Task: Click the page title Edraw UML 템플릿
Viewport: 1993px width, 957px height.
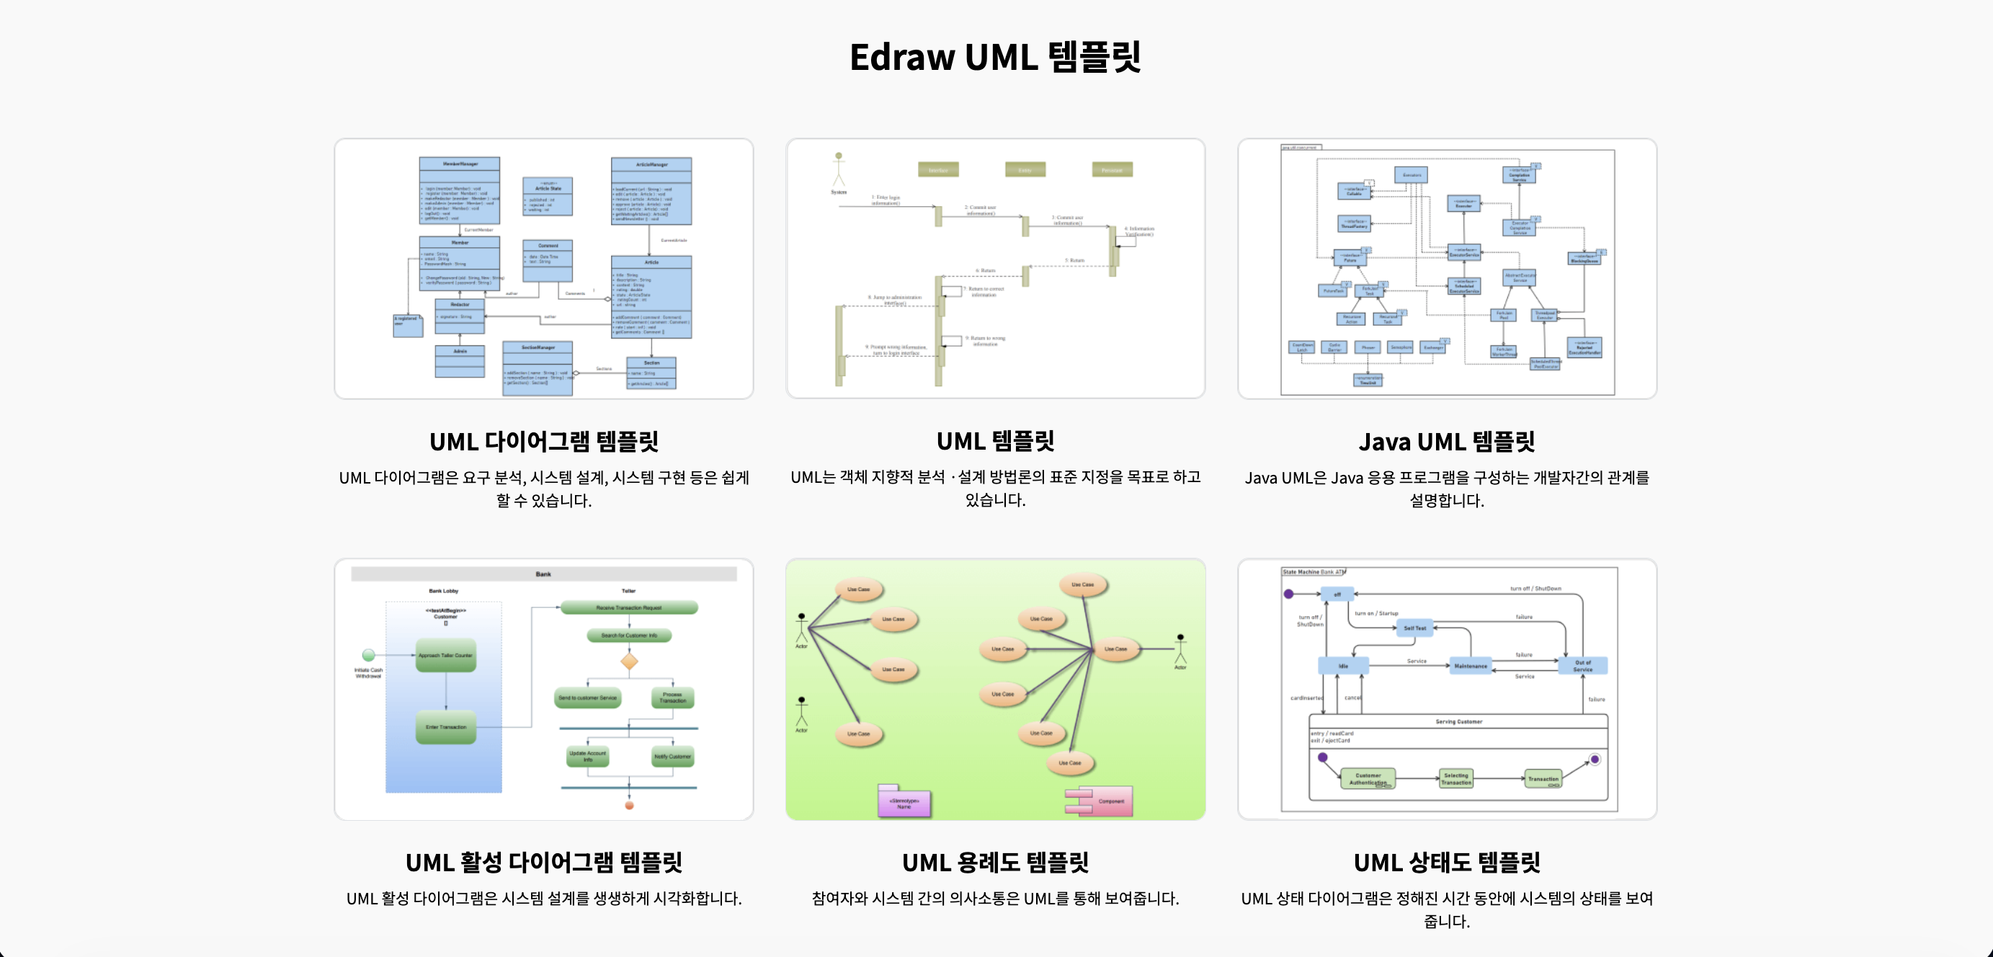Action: coord(995,57)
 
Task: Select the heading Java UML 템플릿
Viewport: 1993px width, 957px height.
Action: coord(1446,441)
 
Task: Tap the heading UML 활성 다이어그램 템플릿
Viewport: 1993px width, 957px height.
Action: coord(543,862)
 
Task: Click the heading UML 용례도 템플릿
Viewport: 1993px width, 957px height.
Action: coord(995,862)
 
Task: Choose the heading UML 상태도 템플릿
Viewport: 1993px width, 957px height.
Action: coord(1446,862)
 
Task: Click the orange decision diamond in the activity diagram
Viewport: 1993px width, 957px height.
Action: coord(629,662)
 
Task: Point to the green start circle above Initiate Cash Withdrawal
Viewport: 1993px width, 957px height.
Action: coord(369,655)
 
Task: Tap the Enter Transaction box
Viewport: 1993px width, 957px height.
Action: coord(445,727)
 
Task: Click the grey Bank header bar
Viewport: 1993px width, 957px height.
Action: coord(543,574)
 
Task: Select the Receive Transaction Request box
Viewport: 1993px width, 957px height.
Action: coord(628,608)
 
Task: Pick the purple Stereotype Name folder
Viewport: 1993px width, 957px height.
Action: coord(904,802)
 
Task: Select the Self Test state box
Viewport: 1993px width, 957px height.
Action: coord(1414,628)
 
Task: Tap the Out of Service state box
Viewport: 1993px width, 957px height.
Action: coord(1583,665)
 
